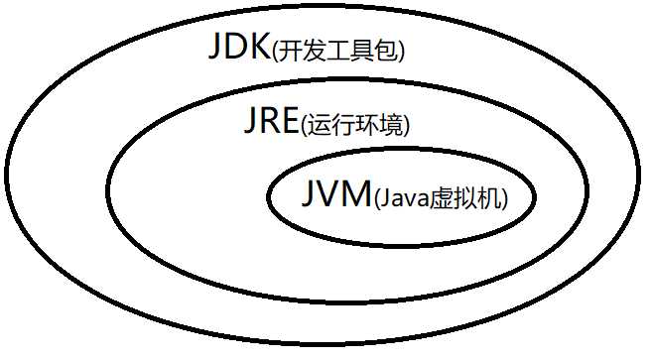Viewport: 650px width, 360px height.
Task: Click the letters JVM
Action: [331, 194]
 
